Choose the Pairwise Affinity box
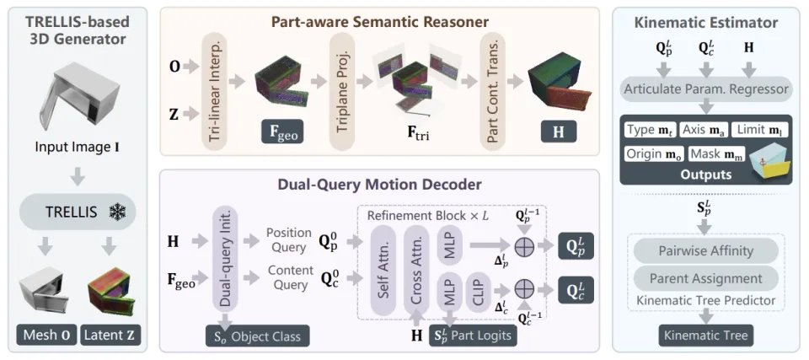pyautogui.click(x=707, y=250)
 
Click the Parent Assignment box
pyautogui.click(x=707, y=277)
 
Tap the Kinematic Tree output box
pyautogui.click(x=706, y=336)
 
